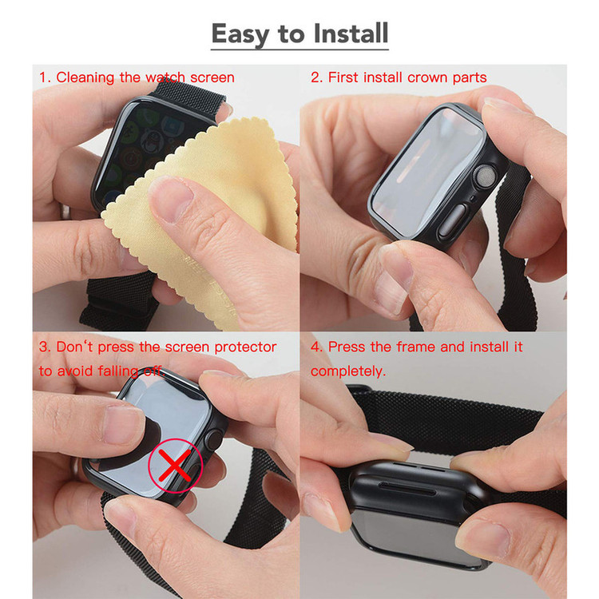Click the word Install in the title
[351, 34]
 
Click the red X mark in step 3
[175, 466]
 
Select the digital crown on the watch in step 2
[485, 177]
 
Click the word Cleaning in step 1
[85, 78]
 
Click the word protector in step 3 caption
[245, 347]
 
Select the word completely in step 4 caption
[347, 371]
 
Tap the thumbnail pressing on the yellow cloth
[170, 198]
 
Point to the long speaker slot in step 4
[407, 488]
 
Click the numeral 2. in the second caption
[317, 77]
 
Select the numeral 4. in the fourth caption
[317, 347]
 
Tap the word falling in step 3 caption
[117, 371]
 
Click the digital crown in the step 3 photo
[213, 440]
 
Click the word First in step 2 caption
[343, 77]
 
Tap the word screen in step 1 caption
[212, 78]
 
